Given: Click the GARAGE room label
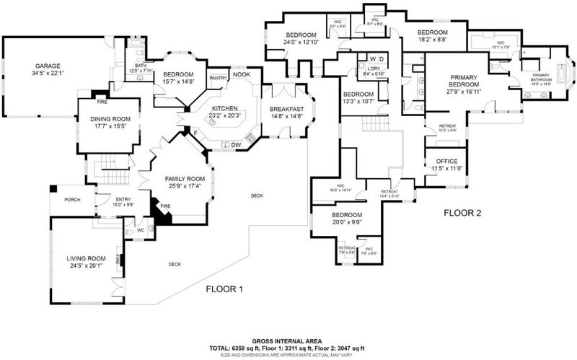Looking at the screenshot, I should click(x=47, y=63).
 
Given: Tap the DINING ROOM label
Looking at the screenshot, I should click(x=105, y=120).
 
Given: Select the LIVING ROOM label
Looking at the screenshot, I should click(x=86, y=258).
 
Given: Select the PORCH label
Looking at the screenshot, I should click(x=72, y=200).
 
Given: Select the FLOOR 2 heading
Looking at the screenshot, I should click(x=461, y=214).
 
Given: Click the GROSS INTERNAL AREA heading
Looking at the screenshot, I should click(x=291, y=340).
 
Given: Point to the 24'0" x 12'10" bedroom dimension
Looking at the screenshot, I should click(x=301, y=43).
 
